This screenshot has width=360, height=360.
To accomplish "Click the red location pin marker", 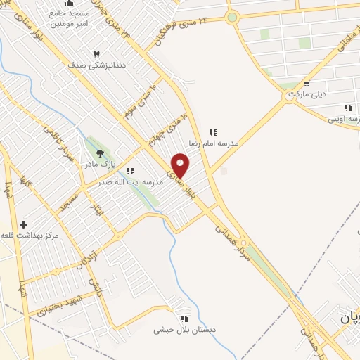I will coord(181,165).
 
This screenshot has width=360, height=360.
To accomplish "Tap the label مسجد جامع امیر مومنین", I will coord(69,18).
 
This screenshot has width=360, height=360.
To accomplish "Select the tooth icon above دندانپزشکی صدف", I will coord(97,53).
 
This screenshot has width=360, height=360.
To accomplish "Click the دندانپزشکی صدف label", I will coord(97,64).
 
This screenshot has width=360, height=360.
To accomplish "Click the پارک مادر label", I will coord(99,164).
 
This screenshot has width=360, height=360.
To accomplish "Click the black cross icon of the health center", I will coord(24,224).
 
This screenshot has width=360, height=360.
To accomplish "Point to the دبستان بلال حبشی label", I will coord(184,329).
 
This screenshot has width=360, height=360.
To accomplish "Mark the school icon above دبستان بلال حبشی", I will coord(184,319).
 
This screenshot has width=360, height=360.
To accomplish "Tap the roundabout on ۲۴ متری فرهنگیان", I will coord(232,18).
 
